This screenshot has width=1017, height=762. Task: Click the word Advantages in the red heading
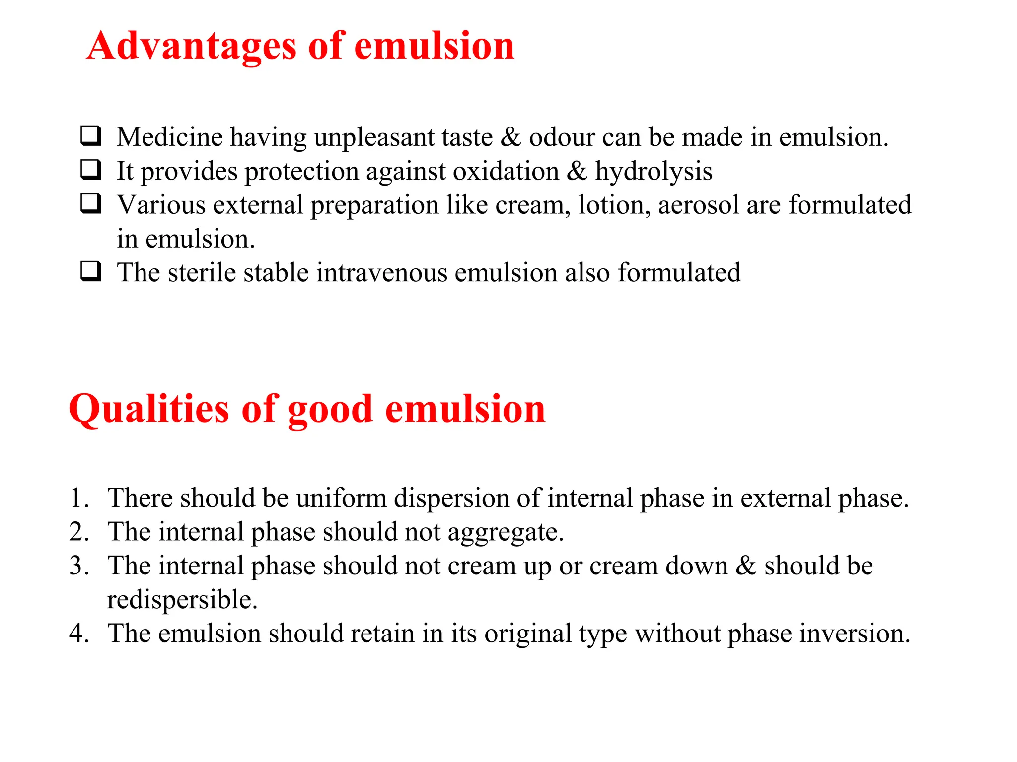(x=191, y=46)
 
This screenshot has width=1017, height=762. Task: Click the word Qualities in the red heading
(x=148, y=409)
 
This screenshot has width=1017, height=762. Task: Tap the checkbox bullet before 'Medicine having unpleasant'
(x=91, y=135)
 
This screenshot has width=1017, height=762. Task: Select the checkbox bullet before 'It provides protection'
(x=91, y=170)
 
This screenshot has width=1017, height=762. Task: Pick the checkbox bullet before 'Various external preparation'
(x=91, y=203)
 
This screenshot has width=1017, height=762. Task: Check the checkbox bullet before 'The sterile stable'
(x=91, y=271)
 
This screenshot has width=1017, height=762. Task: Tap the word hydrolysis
(x=654, y=172)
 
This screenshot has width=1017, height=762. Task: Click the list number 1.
(x=78, y=498)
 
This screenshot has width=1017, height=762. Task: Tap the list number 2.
(x=78, y=532)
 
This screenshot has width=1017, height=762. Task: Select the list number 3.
(x=78, y=566)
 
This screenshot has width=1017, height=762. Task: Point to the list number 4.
(x=78, y=634)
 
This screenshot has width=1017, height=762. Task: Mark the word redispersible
(x=182, y=600)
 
